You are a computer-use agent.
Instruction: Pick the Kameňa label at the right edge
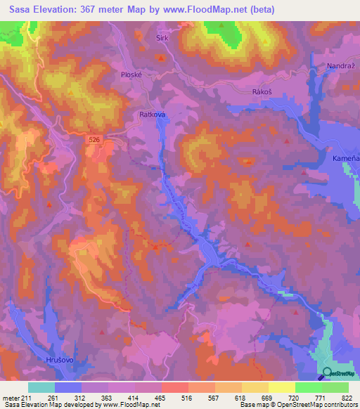click(x=346, y=160)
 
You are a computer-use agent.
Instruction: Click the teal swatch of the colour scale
click(x=41, y=387)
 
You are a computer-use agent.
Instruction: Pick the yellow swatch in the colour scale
click(x=281, y=387)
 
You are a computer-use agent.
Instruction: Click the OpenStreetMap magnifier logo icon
click(x=326, y=373)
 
